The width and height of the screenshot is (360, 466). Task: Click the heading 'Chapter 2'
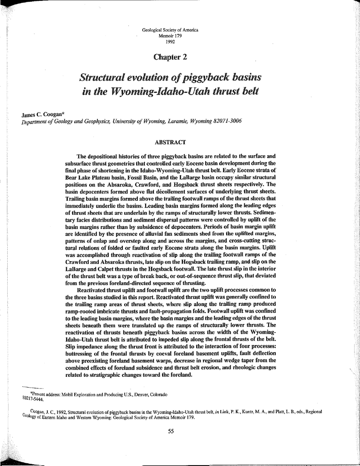pos(170,57)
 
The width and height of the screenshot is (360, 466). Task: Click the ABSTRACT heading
pos(170,142)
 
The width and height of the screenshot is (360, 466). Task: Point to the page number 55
pos(171,431)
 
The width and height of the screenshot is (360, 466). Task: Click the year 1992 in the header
pos(170,40)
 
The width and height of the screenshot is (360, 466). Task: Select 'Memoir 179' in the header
pos(170,35)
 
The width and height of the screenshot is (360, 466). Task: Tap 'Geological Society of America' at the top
pos(170,30)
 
